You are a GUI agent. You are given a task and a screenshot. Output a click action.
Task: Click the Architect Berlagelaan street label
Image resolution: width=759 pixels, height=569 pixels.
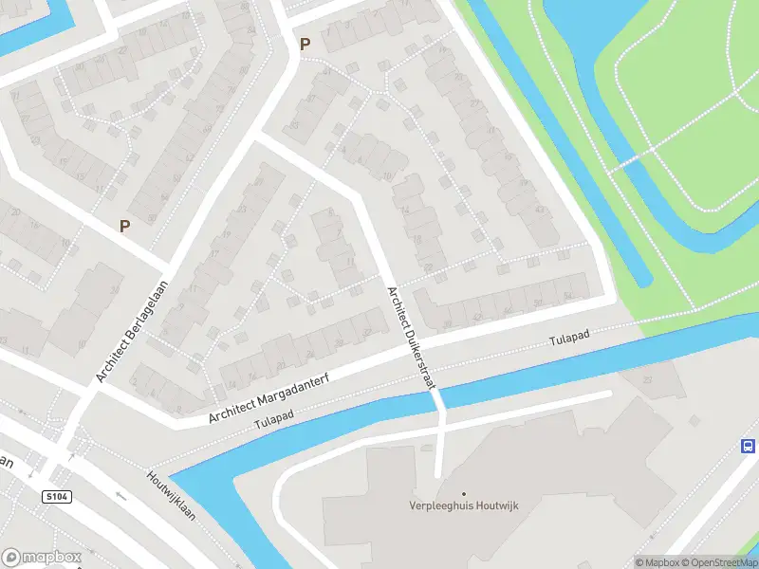click(133, 331)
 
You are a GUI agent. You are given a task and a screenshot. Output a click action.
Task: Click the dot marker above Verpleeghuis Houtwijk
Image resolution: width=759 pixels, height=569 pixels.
click(464, 494)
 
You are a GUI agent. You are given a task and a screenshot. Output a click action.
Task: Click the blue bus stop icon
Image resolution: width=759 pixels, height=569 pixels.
click(748, 447)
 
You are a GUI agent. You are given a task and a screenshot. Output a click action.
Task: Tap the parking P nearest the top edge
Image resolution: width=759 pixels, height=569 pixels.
click(305, 44)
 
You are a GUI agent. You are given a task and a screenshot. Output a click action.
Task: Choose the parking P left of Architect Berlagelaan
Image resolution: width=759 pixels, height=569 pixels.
click(124, 226)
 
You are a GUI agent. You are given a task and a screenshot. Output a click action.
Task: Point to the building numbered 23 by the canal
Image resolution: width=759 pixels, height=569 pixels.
click(648, 380)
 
